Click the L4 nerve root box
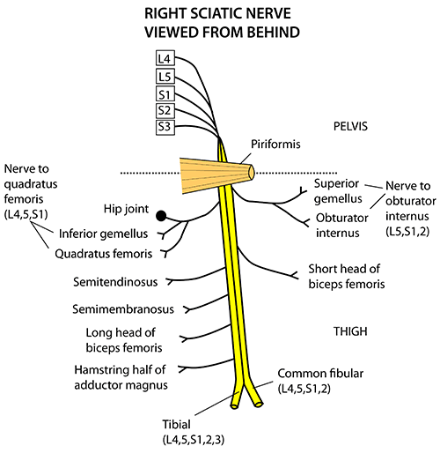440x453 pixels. pos(165,58)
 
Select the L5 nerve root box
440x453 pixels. pos(165,76)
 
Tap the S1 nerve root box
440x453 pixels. pos(165,93)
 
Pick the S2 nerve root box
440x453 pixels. pos(165,110)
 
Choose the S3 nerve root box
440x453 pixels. pos(165,128)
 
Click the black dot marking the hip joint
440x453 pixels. pos(161,216)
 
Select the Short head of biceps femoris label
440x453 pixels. pos(346,277)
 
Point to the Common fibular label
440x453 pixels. pos(320,374)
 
